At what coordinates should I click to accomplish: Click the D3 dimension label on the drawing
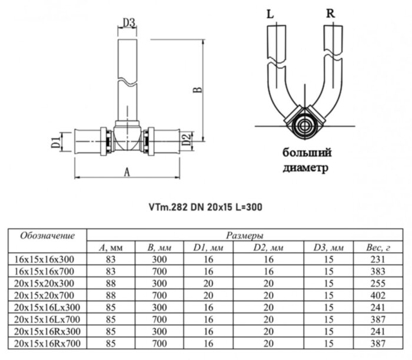[x=129, y=23]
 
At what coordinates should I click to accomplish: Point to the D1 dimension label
[x=52, y=142]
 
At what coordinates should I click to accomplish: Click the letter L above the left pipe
[x=270, y=13]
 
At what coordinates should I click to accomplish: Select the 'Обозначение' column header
[x=48, y=236]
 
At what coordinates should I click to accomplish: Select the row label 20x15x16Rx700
[x=46, y=342]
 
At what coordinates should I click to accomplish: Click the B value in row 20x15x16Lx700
[x=160, y=318]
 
